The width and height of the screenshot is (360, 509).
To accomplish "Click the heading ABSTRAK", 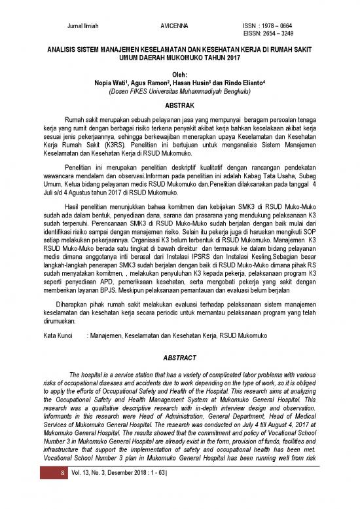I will (x=179, y=105).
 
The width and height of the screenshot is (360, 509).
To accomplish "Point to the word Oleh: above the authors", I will (x=179, y=75).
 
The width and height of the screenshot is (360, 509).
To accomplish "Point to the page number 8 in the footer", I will (x=63, y=497).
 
